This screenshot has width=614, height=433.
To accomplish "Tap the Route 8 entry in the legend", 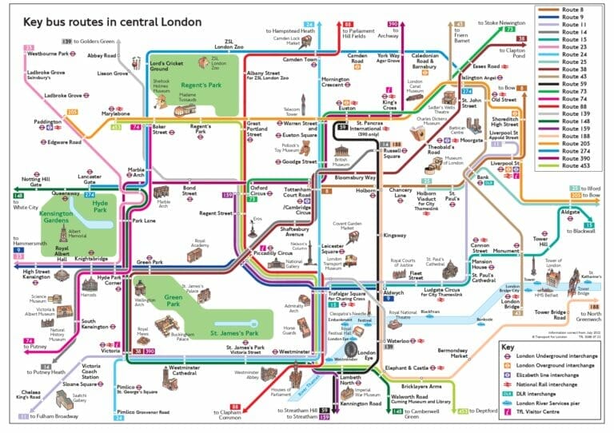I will tap(575, 10).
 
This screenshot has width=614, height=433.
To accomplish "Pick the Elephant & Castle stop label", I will tap(406, 367).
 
